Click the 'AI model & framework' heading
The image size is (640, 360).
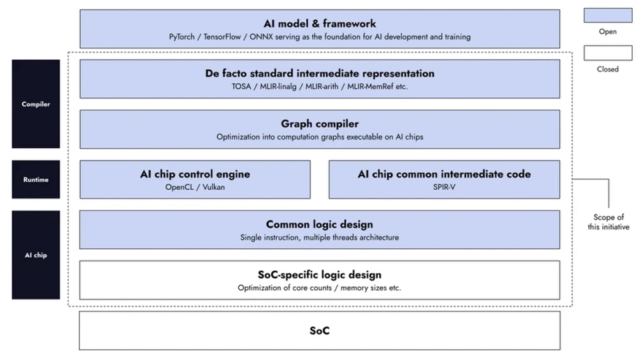[319, 23]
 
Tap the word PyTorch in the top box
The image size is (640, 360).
[182, 37]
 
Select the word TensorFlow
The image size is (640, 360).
[222, 37]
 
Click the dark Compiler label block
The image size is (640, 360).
[36, 104]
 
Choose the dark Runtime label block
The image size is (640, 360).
[36, 180]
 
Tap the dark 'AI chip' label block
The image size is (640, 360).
[36, 255]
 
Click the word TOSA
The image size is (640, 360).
[241, 86]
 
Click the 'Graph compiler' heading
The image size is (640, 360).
[319, 123]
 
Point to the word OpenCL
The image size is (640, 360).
[179, 188]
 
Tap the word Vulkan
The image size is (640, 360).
[213, 188]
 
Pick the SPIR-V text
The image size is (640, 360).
[444, 188]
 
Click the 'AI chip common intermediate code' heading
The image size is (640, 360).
[444, 175]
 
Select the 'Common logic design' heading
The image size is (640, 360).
[319, 224]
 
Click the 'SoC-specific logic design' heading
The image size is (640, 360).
[319, 275]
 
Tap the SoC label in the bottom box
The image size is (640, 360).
[319, 331]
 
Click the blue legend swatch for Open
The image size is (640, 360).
[608, 15]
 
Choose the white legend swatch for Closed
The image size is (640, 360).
[608, 53]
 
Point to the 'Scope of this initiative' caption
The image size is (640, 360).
[609, 222]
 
